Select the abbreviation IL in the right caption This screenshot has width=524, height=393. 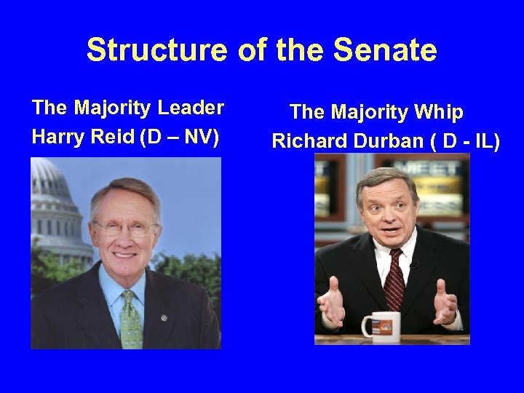pos(481,141)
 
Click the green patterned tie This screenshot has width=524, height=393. pos(131,320)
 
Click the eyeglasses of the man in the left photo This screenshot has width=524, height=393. pos(125,227)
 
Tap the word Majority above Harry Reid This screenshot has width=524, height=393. pos(119,108)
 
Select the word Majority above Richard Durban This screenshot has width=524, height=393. pos(369,113)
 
